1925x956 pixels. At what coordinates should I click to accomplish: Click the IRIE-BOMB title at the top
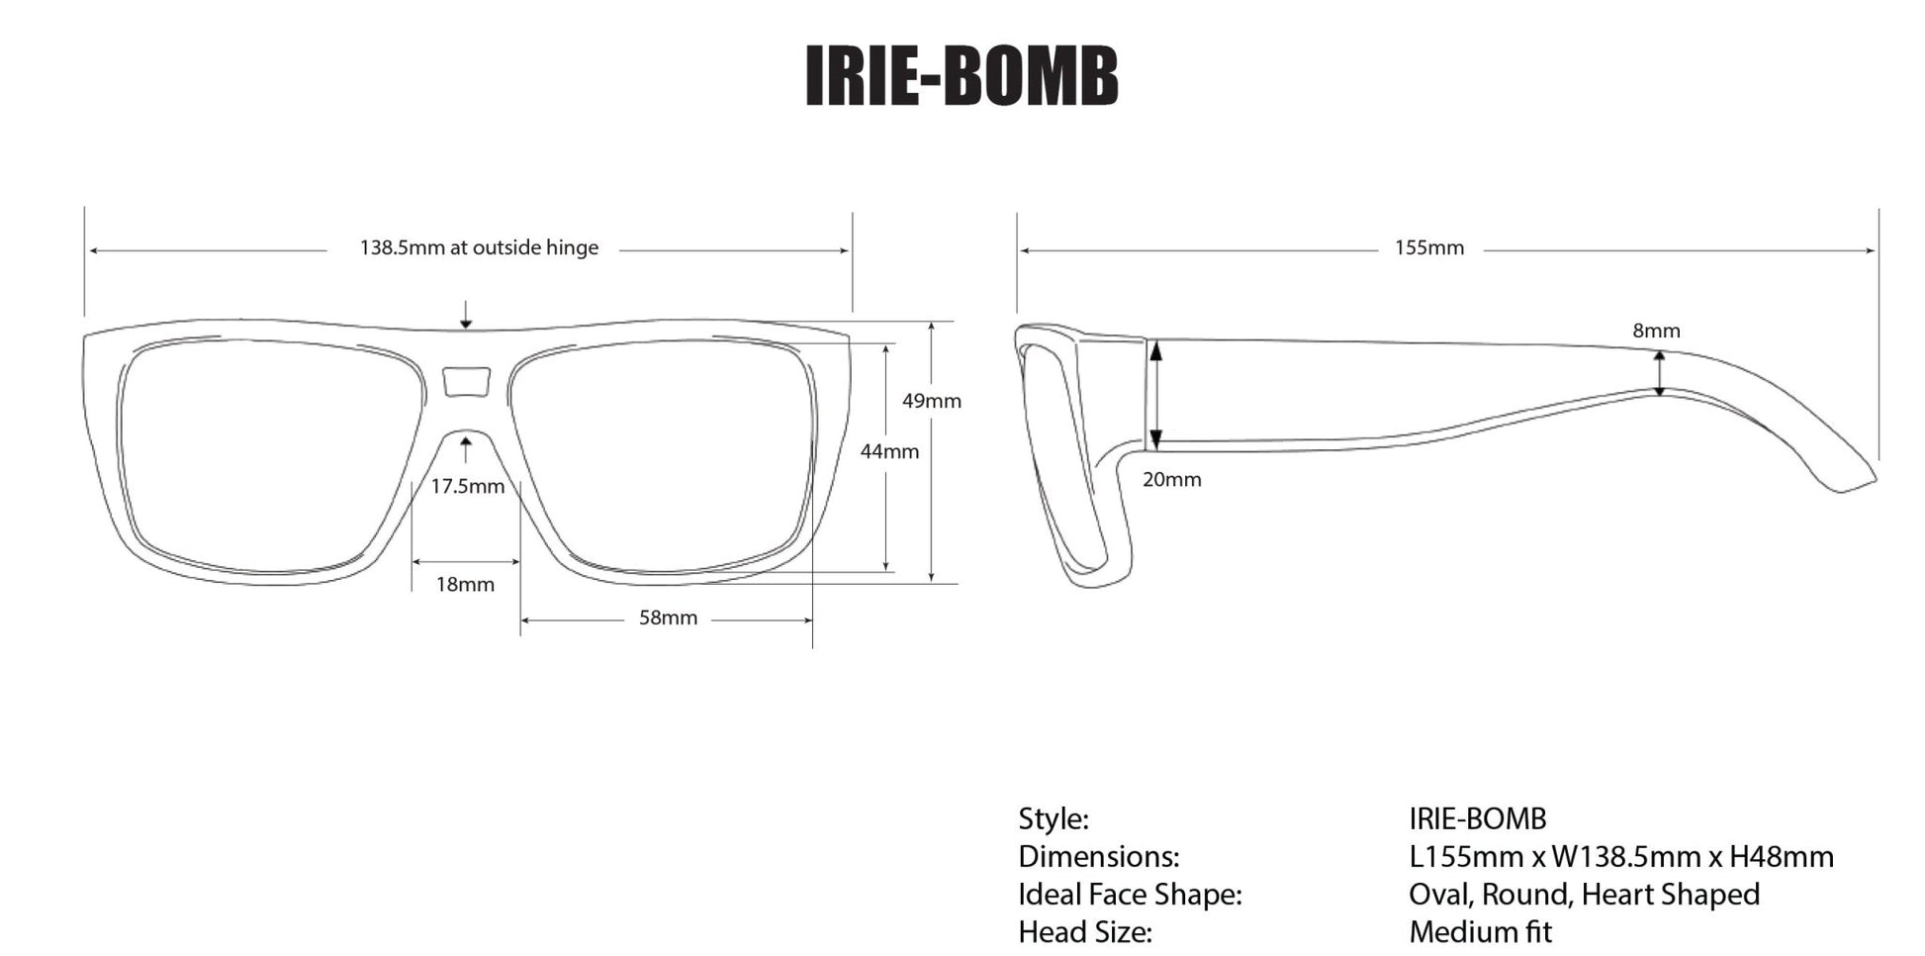(x=962, y=75)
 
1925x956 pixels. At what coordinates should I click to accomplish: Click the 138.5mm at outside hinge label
(x=479, y=247)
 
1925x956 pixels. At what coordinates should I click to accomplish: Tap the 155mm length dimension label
(x=1428, y=247)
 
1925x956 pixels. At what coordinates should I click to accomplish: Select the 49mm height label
(x=931, y=401)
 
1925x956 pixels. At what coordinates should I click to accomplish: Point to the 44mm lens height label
(x=888, y=451)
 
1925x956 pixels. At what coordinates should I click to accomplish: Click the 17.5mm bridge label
(x=467, y=486)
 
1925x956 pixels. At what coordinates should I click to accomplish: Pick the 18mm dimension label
(x=465, y=584)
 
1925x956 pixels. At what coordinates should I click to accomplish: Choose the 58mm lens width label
(x=668, y=618)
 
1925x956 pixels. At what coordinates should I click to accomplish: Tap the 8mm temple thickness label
(x=1656, y=331)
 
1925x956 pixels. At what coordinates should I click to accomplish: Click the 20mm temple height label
(x=1171, y=479)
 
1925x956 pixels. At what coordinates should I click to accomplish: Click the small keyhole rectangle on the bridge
(x=467, y=381)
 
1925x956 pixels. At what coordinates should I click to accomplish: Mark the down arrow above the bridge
(x=466, y=315)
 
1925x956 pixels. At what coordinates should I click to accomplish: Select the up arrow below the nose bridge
(x=466, y=450)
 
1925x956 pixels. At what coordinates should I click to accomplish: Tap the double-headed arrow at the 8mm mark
(x=1660, y=374)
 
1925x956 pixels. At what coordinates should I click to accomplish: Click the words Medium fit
(x=1480, y=931)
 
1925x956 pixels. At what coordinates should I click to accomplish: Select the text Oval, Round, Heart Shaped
(x=1584, y=894)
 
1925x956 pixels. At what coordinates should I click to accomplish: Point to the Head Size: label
(x=1085, y=931)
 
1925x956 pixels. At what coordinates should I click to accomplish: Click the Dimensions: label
(x=1098, y=856)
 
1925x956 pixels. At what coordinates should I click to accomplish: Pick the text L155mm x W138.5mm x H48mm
(x=1620, y=856)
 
